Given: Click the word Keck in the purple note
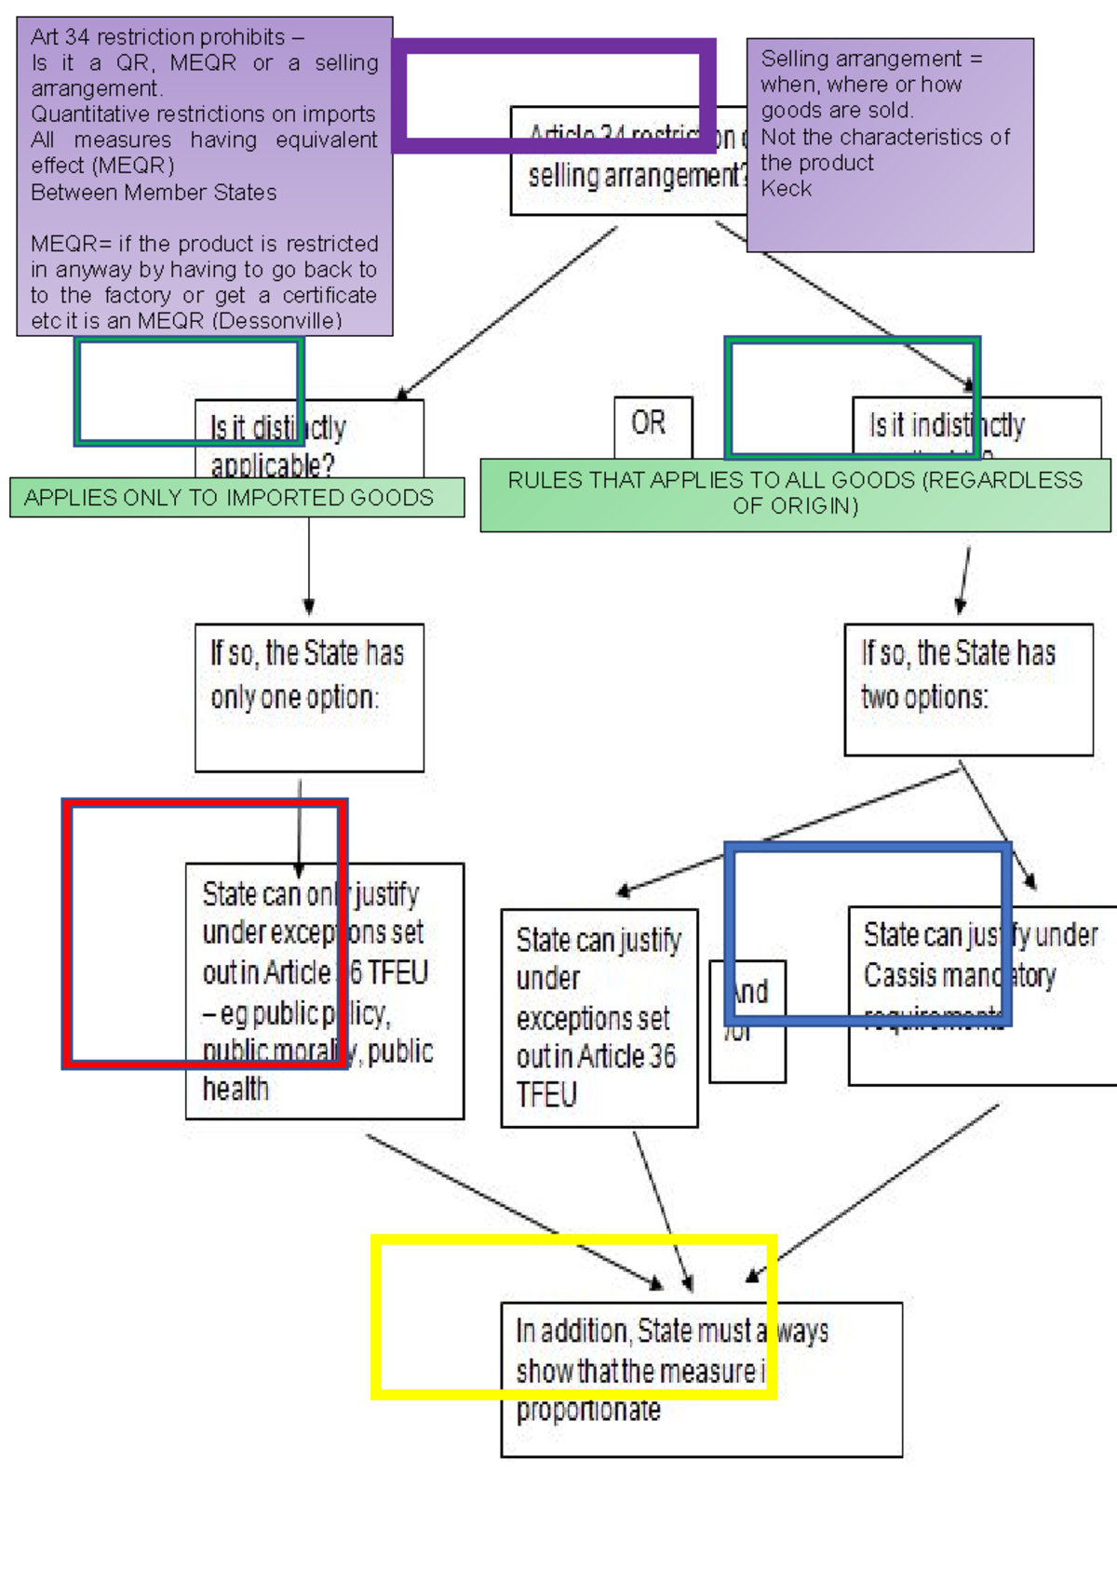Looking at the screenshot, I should (x=787, y=189).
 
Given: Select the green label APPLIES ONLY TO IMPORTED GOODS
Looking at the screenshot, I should (x=229, y=498).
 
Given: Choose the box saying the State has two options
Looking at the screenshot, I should (x=967, y=689).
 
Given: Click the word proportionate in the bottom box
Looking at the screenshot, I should (x=588, y=1411).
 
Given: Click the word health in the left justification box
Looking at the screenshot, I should (x=236, y=1089).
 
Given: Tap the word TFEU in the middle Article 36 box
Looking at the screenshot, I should (x=546, y=1095).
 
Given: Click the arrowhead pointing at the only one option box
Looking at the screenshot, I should (x=309, y=607).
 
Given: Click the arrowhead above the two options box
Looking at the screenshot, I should (x=961, y=607).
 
